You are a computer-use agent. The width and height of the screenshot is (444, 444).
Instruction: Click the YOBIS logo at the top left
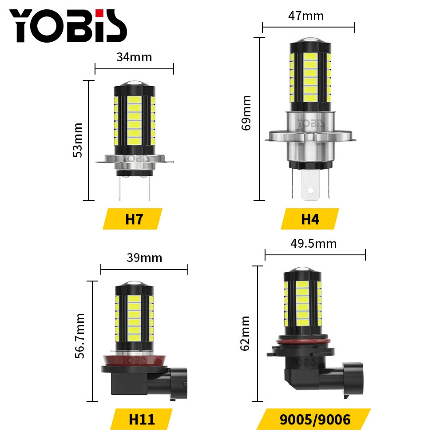coord(68,26)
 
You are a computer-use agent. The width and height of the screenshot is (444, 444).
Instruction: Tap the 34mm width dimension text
coord(134,57)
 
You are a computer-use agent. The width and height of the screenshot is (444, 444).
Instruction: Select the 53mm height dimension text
coord(78,140)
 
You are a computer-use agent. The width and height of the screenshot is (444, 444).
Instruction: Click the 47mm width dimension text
coord(306,16)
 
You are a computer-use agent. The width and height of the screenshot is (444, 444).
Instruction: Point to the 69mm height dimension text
coord(246,113)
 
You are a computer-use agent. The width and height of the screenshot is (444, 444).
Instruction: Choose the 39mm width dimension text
coord(144,258)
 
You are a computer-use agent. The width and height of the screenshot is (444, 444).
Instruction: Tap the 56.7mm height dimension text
coord(80,336)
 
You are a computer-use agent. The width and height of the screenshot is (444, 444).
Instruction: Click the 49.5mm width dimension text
coord(314,243)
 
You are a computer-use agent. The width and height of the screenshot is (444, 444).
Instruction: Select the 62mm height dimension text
coord(245,333)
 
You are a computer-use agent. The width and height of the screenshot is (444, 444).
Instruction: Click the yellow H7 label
coord(132,219)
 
